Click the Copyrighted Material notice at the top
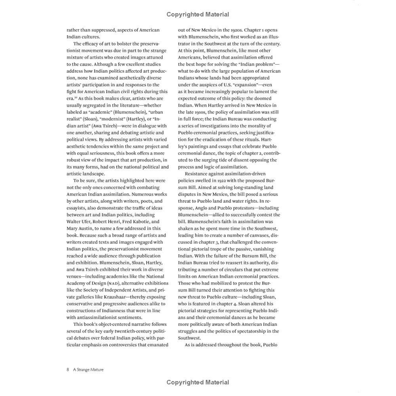point(198,15)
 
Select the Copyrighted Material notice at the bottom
point(198,382)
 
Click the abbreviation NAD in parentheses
point(115,283)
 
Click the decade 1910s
point(200,112)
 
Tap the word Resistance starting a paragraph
point(198,174)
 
